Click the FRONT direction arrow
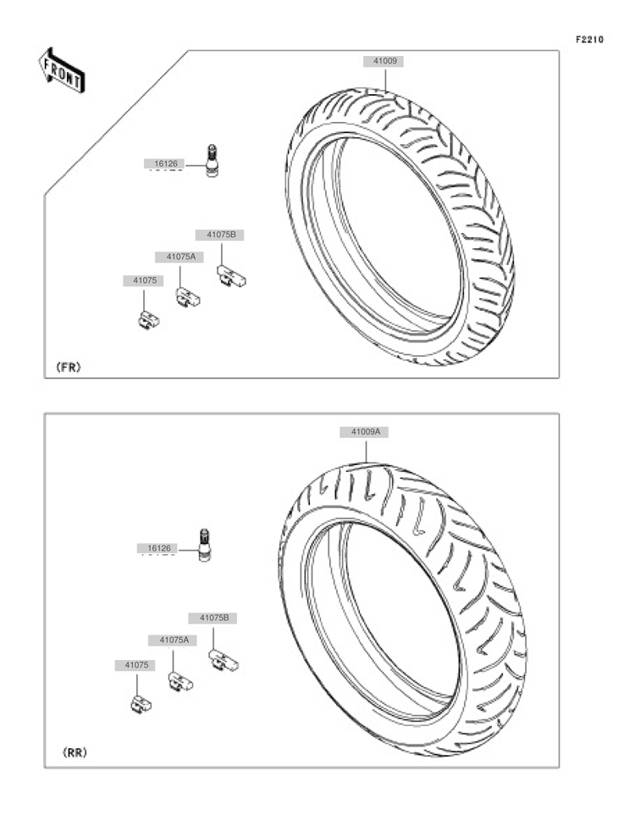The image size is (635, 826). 61,70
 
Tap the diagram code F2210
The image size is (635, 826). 589,40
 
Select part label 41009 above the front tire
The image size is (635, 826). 385,61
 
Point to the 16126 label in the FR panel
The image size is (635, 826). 165,164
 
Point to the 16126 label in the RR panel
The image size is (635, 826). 158,548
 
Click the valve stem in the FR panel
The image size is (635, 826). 212,160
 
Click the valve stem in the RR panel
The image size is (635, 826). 204,545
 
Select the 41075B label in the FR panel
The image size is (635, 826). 221,235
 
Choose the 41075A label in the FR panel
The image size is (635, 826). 180,257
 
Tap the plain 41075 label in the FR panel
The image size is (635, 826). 144,280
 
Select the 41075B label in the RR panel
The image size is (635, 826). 213,618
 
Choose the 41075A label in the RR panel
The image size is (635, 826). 174,640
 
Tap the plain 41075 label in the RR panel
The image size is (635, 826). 136,665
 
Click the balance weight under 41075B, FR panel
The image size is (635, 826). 232,276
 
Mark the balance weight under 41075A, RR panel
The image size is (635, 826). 180,681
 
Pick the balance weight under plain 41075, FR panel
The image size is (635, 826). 149,319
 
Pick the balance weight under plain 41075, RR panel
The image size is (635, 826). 141,704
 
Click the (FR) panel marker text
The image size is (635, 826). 69,367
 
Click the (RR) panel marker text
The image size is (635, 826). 75,753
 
